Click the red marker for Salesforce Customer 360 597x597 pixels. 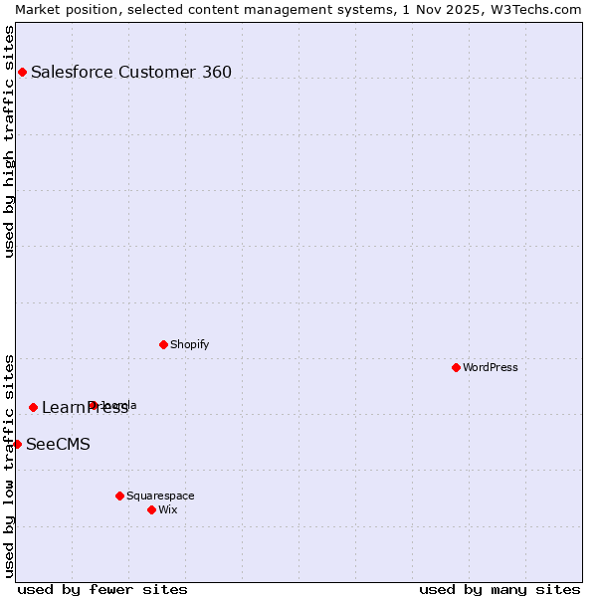tap(22, 72)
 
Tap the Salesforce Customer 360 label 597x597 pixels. tap(131, 72)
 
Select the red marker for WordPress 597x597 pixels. tap(456, 367)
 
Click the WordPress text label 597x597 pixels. tap(491, 367)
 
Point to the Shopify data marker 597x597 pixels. tap(163, 344)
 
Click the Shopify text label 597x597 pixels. tap(189, 344)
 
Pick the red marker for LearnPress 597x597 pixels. tap(33, 407)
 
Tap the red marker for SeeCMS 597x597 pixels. tap(17, 444)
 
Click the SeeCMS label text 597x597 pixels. tap(58, 444)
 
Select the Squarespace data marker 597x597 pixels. tap(119, 496)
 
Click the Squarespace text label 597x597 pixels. tap(160, 496)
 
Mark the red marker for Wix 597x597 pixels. tap(151, 509)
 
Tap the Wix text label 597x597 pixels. tap(168, 509)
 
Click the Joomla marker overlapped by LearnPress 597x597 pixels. tap(93, 405)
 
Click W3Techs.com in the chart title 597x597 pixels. tap(538, 9)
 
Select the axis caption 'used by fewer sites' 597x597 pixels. tap(102, 589)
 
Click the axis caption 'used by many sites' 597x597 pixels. tap(499, 589)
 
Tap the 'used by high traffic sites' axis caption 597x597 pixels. tap(9, 141)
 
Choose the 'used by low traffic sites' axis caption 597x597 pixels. tap(9, 465)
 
